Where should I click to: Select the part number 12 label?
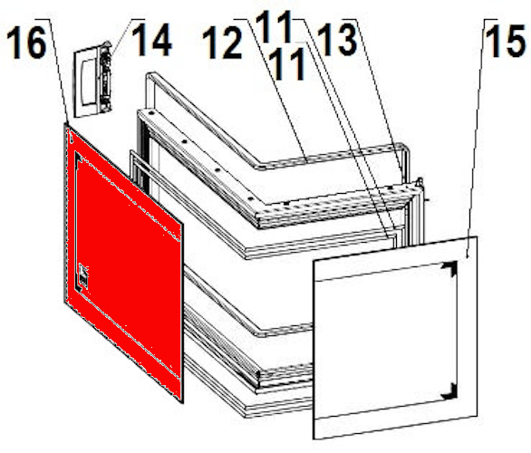[222, 43]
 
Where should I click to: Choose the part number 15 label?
[507, 41]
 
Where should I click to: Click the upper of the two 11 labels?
[274, 26]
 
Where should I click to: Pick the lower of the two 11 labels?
[288, 63]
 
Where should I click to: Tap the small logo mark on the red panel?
[83, 274]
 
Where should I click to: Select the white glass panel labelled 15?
[396, 337]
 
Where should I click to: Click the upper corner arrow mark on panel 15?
[449, 269]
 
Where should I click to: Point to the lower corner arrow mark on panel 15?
[449, 391]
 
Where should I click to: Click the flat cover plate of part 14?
[86, 83]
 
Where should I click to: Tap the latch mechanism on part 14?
[105, 77]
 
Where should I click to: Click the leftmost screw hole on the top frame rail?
[151, 112]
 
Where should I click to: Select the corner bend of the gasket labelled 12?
[260, 166]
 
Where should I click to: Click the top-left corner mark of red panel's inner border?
[78, 157]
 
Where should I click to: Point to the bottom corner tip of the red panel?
[183, 403]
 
